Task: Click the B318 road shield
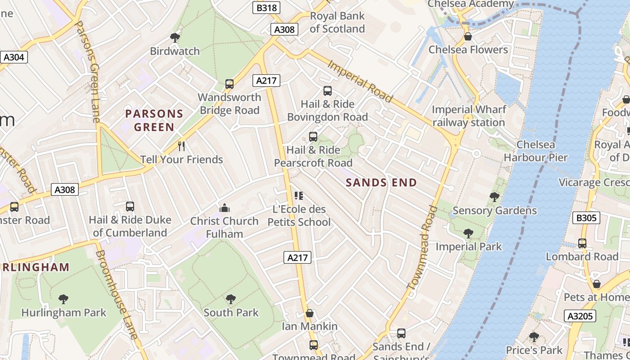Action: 266,8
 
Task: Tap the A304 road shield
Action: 14,57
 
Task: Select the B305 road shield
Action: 587,218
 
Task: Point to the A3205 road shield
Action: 580,316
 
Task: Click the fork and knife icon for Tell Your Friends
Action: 181,146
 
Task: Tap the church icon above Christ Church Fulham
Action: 224,207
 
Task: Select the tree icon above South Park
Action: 231,299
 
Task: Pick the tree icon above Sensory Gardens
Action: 494,197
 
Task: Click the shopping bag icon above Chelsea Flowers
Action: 468,36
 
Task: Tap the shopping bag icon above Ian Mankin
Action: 309,313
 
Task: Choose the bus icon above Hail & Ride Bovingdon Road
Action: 328,91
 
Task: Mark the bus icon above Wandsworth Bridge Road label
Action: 229,84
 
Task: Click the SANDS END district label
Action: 381,182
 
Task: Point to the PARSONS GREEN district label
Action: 154,120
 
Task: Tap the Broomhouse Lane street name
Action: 116,295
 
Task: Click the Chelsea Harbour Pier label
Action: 535,151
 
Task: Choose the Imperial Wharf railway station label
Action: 468,116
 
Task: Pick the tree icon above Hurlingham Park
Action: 63,299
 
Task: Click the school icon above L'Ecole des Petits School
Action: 299,196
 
